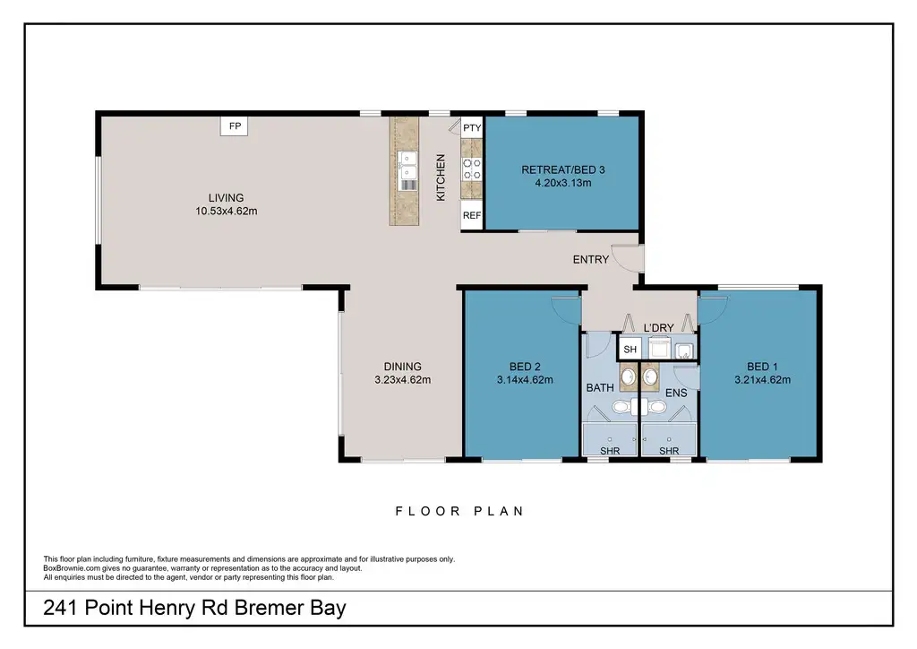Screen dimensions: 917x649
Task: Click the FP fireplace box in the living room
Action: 234,125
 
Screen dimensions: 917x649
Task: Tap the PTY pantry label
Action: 472,127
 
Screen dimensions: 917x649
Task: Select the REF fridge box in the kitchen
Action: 472,215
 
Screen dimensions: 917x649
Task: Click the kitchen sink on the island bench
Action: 407,165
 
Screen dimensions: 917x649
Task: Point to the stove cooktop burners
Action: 472,169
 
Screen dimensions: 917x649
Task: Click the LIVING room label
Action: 227,198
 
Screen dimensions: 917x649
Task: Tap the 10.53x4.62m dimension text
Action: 227,211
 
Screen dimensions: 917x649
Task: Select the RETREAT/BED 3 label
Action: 563,169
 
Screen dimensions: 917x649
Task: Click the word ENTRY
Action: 591,259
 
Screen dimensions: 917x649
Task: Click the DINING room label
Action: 402,367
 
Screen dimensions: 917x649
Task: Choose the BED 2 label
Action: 525,367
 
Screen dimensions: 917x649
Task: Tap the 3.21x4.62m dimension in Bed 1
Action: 763,379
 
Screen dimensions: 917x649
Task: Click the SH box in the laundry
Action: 630,350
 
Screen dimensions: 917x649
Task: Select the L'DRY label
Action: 658,328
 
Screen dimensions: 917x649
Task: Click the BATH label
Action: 600,387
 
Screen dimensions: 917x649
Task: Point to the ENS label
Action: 676,393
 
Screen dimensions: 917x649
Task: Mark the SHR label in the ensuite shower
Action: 669,451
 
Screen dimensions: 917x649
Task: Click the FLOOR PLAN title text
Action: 459,511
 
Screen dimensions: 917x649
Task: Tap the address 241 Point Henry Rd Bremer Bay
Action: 194,608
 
